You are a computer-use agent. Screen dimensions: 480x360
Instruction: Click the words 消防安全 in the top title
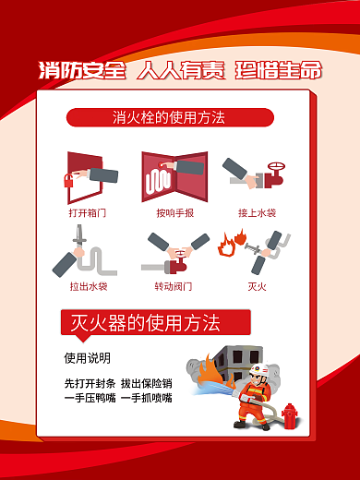pos(81,70)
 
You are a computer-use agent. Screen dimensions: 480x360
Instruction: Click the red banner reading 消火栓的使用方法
pos(170,118)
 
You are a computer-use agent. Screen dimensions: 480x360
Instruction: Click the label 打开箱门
pos(88,212)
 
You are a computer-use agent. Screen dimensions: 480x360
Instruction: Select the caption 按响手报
pos(174,212)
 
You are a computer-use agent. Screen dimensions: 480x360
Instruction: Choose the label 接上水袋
pos(258,212)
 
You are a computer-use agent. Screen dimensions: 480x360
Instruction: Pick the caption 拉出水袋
pos(88,286)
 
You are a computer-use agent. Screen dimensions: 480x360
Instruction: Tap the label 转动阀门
pos(174,286)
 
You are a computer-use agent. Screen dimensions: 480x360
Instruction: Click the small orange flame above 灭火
pos(225,247)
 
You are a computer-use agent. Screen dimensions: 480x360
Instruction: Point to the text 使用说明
pos(87,357)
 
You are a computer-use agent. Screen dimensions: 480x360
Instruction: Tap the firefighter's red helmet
pos(258,370)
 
